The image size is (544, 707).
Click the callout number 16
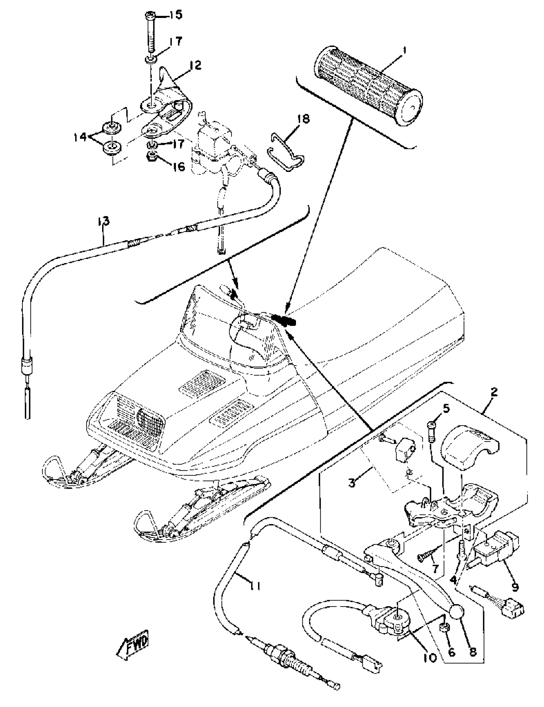(x=178, y=167)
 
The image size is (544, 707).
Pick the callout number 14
(x=80, y=137)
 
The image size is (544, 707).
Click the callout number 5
(x=446, y=409)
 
